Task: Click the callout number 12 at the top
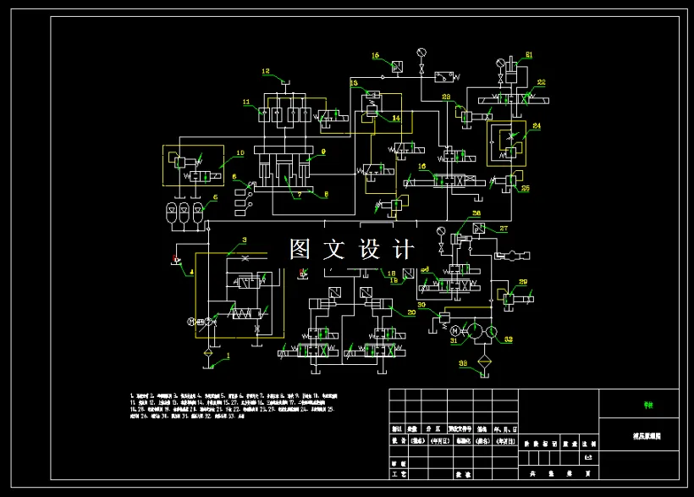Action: click(265, 71)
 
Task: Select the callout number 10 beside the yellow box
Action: click(240, 153)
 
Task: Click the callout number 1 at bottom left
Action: click(226, 356)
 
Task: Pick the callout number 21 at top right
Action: click(529, 55)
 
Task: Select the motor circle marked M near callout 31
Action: click(454, 330)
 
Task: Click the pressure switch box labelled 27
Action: click(479, 229)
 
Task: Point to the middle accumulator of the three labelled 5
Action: click(185, 211)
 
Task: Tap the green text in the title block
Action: click(648, 405)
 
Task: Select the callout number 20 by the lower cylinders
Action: click(411, 312)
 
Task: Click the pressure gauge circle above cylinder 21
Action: click(499, 64)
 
